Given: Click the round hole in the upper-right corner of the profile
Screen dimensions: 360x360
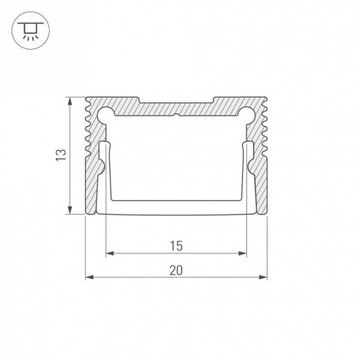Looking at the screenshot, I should point(245,113).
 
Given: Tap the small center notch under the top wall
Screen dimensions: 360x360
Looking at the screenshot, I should point(176,118).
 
